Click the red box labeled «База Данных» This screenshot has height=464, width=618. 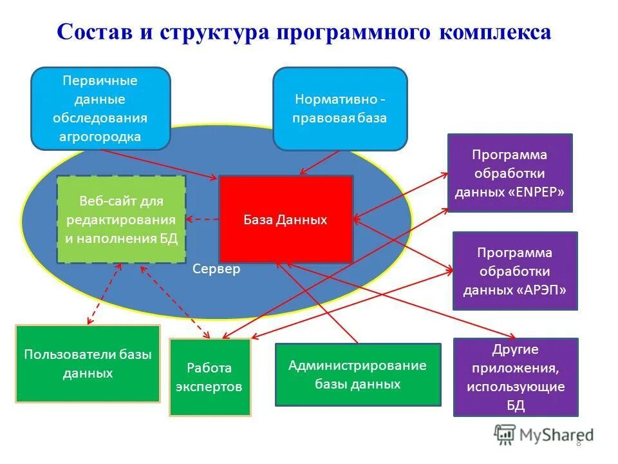(285, 219)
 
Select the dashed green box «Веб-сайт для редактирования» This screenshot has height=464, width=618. (121, 219)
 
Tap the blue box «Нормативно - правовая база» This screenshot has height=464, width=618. (340, 108)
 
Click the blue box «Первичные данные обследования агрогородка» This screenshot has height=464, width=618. (100, 108)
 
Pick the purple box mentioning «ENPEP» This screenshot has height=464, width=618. (509, 173)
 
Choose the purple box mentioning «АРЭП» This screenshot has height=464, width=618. (514, 271)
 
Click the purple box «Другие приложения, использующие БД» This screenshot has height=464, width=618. (515, 377)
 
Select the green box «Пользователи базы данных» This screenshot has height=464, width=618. (88, 363)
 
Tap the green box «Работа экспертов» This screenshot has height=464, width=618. (209, 377)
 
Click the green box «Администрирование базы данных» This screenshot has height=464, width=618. (358, 374)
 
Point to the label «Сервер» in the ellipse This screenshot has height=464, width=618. (216, 269)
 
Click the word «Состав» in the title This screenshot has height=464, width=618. (94, 33)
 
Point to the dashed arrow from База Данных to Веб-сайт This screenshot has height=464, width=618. (202, 219)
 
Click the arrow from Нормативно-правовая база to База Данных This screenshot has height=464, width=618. (320, 162)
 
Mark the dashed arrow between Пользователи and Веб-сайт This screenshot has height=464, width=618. (104, 293)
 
